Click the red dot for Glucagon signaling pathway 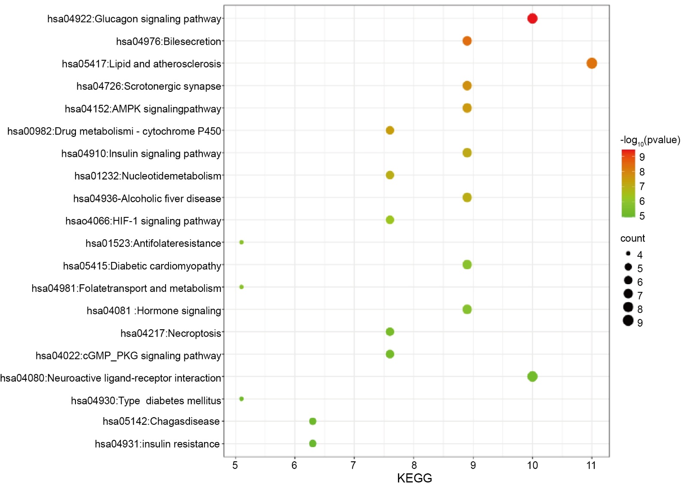(532, 18)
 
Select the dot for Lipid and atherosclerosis (592, 63)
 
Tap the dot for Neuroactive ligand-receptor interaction (532, 376)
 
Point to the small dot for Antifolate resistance (241, 242)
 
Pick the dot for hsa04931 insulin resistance (313, 443)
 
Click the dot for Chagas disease (313, 421)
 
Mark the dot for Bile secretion (467, 41)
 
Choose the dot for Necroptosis (390, 332)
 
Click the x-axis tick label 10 (532, 466)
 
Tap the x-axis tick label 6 (294, 466)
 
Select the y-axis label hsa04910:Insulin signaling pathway (141, 153)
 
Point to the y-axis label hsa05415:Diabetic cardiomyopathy (142, 266)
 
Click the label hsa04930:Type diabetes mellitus (146, 400)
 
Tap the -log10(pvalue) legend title (650, 140)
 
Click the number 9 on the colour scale (642, 157)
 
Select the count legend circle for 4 (628, 254)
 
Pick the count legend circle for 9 (628, 321)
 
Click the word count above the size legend (632, 238)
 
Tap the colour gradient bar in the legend (628, 183)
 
